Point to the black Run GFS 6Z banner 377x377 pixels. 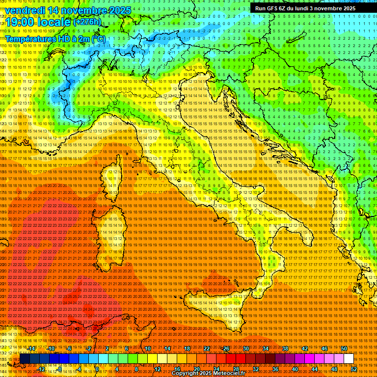pyautogui.click(x=305, y=8)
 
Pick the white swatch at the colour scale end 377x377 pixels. pyautogui.click(x=349, y=359)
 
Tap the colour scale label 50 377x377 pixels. pyautogui.click(x=344, y=349)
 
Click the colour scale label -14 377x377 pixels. pyautogui.click(x=32, y=349)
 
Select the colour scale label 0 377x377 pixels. pyautogui.click(x=97, y=369)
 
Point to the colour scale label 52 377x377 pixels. pyautogui.click(x=354, y=369)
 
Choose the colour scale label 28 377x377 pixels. pyautogui.click(x=236, y=369)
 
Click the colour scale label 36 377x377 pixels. pyautogui.click(x=275, y=369)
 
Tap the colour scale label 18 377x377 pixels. pyautogui.click(x=187, y=349)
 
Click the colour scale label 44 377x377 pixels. pyautogui.click(x=315, y=369)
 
